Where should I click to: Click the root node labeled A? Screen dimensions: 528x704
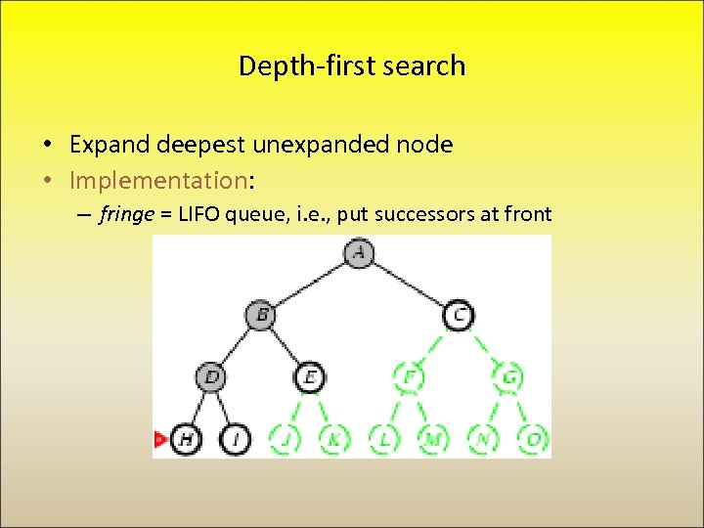(x=360, y=253)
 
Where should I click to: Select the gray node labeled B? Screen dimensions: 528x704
(x=261, y=315)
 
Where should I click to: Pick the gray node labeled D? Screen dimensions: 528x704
(x=211, y=376)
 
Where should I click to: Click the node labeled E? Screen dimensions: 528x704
(x=310, y=376)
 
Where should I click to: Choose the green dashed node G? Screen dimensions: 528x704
(x=508, y=376)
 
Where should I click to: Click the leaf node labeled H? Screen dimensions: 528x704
(x=186, y=439)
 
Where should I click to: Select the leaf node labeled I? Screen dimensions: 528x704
(x=236, y=439)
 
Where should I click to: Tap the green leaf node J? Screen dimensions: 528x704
(x=285, y=439)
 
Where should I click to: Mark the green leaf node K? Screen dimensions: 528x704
(x=334, y=439)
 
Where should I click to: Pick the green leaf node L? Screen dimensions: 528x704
(x=384, y=439)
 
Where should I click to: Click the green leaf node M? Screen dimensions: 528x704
(x=433, y=439)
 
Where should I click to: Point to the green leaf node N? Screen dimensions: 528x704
(x=483, y=439)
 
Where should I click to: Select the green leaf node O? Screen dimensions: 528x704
(x=533, y=439)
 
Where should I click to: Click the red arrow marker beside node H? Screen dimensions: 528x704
(x=159, y=440)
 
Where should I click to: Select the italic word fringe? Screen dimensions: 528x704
(x=125, y=215)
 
